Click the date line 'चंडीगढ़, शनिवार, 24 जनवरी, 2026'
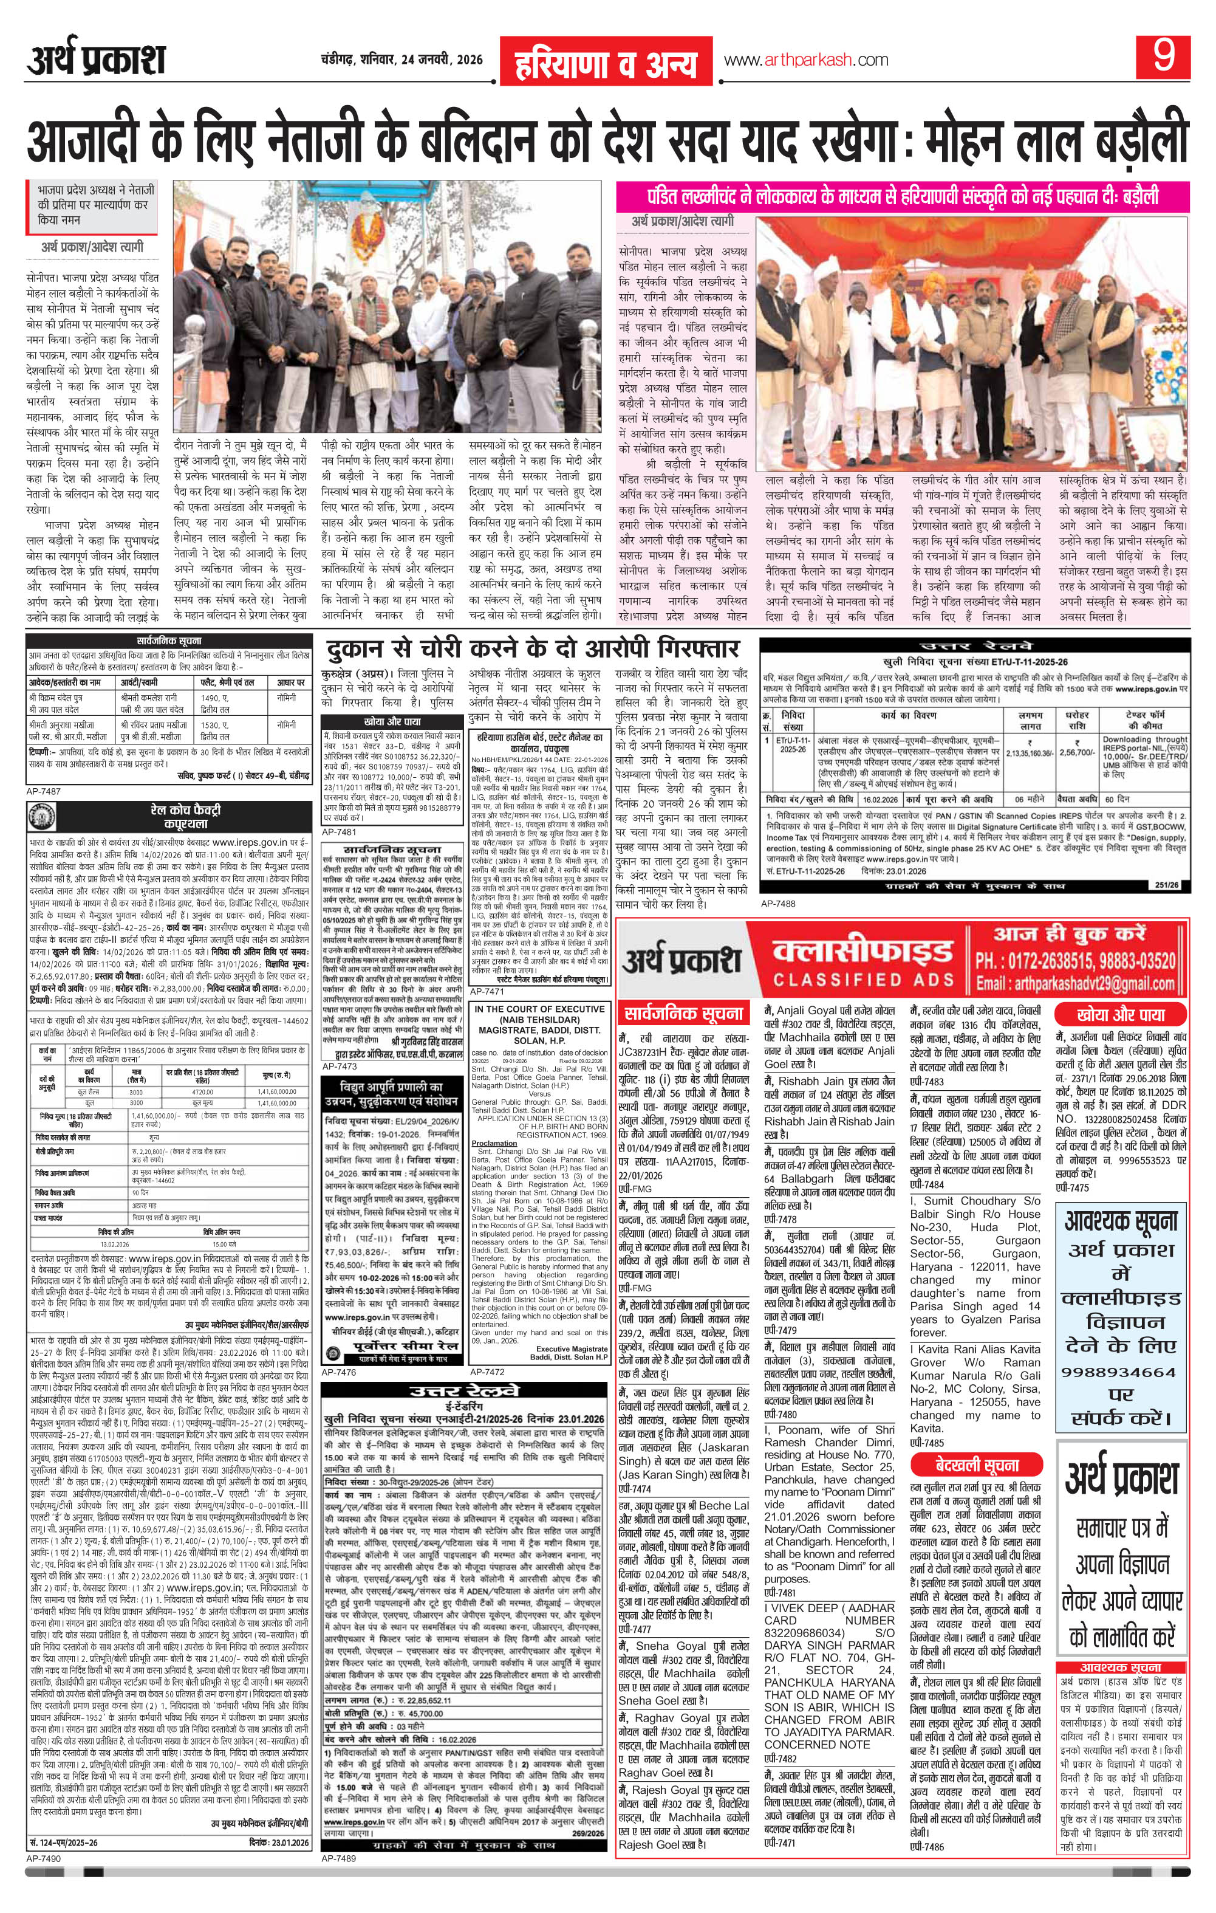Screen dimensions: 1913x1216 [x=397, y=60]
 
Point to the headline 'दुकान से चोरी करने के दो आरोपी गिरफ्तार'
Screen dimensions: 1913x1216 [x=531, y=648]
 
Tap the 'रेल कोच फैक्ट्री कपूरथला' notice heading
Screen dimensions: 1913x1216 [x=185, y=816]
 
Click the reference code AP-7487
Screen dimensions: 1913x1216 [x=44, y=791]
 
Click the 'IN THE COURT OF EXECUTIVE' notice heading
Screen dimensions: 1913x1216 [x=539, y=1010]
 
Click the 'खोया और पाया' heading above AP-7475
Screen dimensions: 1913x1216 [x=1121, y=1014]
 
